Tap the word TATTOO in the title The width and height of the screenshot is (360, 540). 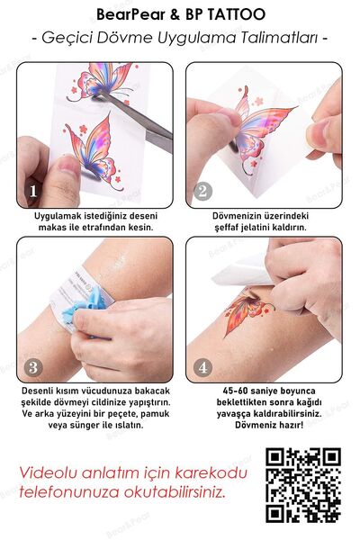[239, 15]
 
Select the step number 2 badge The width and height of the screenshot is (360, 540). [202, 192]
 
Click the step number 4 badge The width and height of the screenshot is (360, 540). [202, 367]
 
